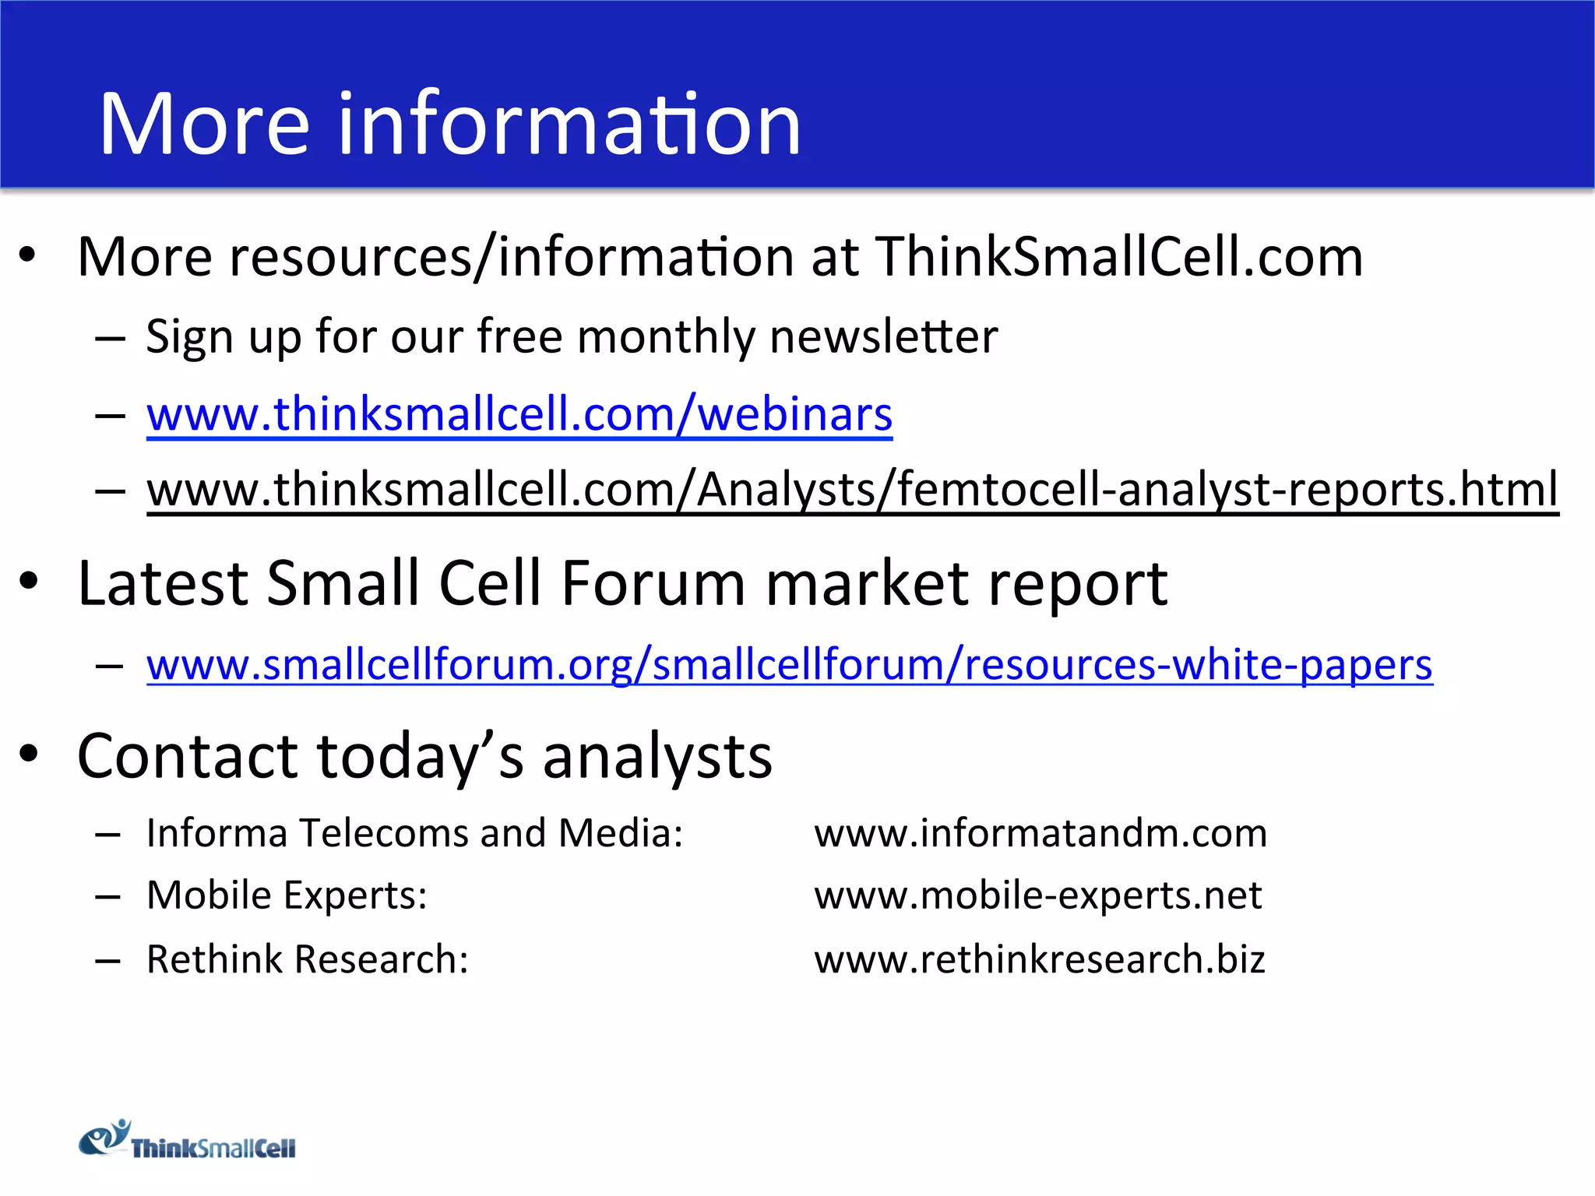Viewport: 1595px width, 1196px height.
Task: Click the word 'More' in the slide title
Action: tap(204, 125)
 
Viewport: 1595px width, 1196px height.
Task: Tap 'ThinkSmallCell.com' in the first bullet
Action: tap(1119, 257)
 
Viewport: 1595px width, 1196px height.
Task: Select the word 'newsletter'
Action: tap(883, 336)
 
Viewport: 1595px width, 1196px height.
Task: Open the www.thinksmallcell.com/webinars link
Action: tap(519, 414)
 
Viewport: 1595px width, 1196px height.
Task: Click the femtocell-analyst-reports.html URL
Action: tap(853, 490)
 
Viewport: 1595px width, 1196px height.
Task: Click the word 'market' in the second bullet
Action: tap(867, 583)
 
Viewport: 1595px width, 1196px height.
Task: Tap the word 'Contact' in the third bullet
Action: tap(187, 756)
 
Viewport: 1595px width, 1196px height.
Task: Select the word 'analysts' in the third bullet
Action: tap(657, 756)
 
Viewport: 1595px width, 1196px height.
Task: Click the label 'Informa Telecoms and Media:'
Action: tap(414, 833)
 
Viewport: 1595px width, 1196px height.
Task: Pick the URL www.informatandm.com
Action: tap(1040, 833)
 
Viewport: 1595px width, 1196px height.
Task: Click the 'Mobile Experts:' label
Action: tap(287, 895)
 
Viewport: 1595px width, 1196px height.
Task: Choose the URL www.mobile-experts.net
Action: tap(1037, 895)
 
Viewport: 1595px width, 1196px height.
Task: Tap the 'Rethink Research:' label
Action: tap(308, 959)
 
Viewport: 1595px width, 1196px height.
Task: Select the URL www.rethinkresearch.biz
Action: tap(1040, 959)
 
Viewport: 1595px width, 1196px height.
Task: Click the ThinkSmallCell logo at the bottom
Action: tap(187, 1141)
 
